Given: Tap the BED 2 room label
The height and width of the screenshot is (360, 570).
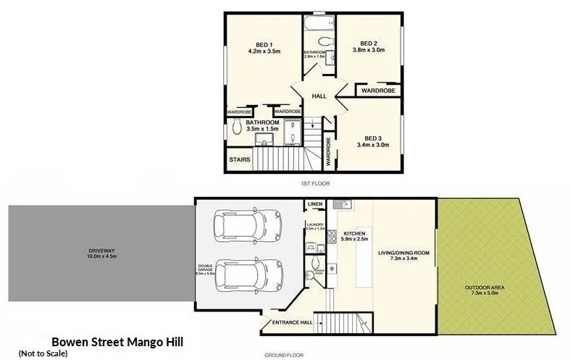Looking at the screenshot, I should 369,42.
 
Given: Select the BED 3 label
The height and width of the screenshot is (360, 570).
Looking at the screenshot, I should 373,138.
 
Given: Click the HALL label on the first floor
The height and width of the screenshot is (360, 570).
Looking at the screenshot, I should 319,96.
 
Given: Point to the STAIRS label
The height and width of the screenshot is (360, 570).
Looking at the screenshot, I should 240,159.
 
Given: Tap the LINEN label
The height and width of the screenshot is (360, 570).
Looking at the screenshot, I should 314,205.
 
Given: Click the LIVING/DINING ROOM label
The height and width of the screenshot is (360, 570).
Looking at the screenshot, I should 403,253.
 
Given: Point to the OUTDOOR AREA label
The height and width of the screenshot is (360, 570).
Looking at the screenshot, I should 486,288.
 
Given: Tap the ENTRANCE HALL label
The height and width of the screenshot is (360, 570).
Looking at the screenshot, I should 291,323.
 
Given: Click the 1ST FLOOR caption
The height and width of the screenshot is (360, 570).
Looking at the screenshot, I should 315,184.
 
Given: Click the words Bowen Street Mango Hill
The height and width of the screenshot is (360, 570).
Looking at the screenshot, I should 117,341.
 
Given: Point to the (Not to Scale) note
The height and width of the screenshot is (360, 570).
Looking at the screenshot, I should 43,353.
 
